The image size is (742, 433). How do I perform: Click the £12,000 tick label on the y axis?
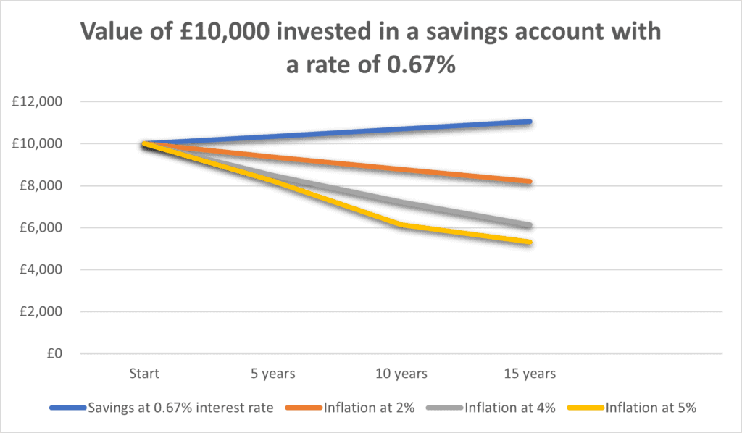38,102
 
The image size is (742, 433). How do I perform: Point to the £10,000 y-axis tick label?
38,144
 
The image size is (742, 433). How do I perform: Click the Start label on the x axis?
144,374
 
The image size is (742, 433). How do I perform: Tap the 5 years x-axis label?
272,374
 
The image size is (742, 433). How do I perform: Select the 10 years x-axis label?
401,374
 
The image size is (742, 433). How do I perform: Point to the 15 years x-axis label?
530,374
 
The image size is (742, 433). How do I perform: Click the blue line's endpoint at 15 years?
530,122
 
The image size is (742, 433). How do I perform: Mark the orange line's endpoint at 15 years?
530,182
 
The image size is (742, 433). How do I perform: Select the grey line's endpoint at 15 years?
530,226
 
